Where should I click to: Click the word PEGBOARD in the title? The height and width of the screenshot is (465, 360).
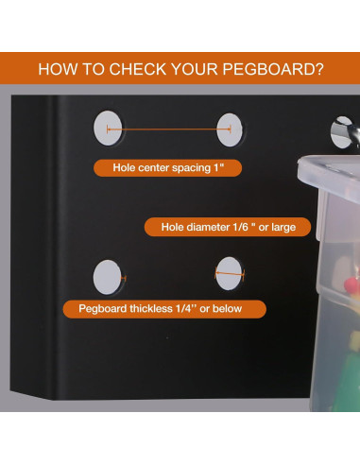tap(267, 69)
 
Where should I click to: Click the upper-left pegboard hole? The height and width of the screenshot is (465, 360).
tap(108, 128)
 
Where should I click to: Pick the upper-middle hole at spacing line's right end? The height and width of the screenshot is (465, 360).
tap(230, 129)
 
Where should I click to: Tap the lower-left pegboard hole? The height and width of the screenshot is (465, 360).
tap(107, 277)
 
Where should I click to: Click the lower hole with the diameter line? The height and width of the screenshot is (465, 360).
tap(229, 273)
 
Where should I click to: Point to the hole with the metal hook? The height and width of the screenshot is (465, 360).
tap(341, 132)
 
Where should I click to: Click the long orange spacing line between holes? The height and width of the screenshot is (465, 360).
tap(169, 129)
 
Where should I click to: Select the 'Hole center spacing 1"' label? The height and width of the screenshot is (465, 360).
tap(168, 168)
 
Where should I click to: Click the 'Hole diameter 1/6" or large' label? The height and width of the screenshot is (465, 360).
tap(228, 227)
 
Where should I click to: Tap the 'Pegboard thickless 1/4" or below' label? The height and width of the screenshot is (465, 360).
tap(164, 309)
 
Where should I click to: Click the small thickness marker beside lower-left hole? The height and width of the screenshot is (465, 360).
tap(124, 278)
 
